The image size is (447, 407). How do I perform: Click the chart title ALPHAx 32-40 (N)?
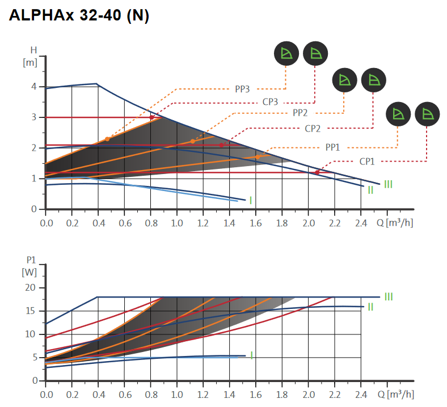click(x=79, y=16)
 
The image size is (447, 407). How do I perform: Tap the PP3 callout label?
click(x=242, y=88)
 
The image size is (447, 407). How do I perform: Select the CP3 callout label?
click(x=270, y=102)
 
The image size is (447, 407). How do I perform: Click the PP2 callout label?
click(x=300, y=113)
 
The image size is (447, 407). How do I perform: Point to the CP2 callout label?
click(x=313, y=129)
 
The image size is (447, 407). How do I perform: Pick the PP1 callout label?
click(x=332, y=147)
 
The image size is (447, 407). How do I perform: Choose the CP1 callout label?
click(x=367, y=162)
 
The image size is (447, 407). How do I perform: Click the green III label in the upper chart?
click(x=388, y=184)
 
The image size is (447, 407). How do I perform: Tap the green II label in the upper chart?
click(x=370, y=190)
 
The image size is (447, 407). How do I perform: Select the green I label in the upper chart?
click(x=250, y=200)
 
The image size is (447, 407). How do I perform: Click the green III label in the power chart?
click(x=388, y=296)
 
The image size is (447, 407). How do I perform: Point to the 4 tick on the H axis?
click(x=34, y=87)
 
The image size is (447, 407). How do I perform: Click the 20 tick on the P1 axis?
click(x=31, y=288)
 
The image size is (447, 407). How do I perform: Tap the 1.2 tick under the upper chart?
click(x=203, y=223)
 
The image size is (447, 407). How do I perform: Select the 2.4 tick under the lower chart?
click(x=360, y=394)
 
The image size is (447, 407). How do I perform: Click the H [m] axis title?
click(x=30, y=57)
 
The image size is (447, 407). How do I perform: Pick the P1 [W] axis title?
click(x=29, y=266)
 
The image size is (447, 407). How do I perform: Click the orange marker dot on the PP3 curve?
click(x=107, y=139)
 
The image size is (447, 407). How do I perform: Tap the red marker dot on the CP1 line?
click(x=317, y=172)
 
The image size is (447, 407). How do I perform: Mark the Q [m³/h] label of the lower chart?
click(x=395, y=394)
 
